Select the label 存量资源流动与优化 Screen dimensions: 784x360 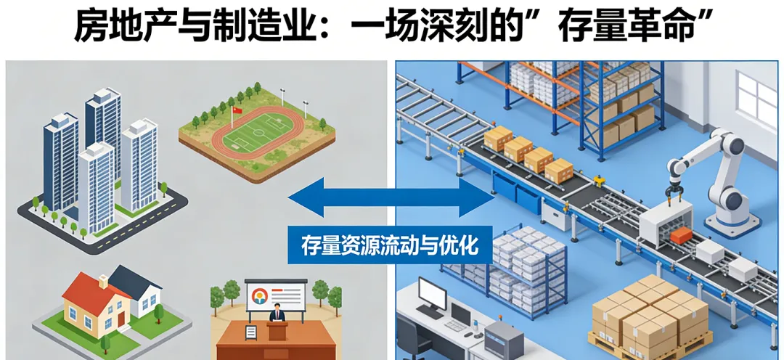391,245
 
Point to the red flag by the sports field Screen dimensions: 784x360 235,110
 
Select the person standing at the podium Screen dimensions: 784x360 277,316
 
